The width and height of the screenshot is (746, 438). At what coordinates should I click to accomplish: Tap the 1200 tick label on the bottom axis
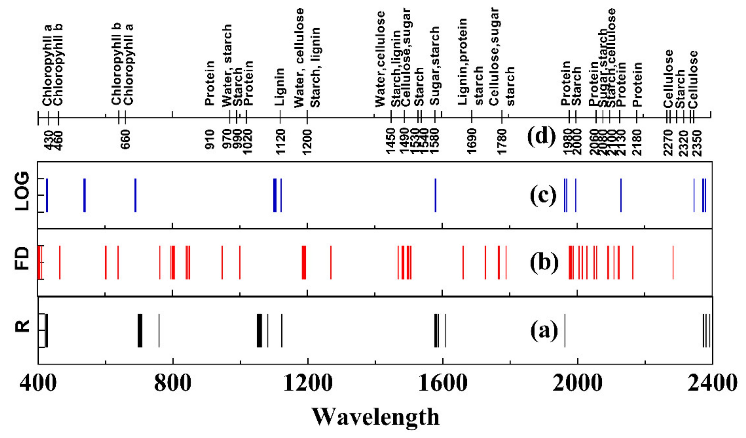308,383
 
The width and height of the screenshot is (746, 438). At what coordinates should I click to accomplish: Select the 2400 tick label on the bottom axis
712,383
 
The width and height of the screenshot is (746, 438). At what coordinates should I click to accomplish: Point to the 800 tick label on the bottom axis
173,383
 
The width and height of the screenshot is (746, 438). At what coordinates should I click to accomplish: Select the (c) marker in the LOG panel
543,196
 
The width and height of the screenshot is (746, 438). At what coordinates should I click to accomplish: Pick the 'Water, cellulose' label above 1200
299,58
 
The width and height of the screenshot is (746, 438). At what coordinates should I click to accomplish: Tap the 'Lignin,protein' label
462,62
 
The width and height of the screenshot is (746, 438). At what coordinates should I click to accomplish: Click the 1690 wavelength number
472,141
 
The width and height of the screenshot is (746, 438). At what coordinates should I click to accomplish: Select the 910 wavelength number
210,139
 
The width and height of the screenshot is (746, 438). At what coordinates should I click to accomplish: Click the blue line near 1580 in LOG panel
435,195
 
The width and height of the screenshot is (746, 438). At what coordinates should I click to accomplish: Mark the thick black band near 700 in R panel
140,330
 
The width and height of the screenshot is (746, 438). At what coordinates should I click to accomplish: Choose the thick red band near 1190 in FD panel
304,262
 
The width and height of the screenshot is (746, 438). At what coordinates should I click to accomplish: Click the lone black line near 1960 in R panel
565,330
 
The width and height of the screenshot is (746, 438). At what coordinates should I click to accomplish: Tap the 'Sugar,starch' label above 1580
434,66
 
